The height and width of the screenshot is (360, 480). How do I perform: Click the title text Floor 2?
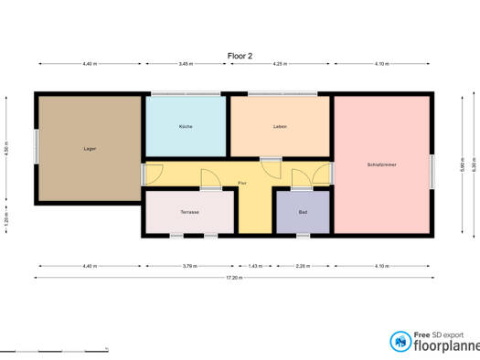click(240, 55)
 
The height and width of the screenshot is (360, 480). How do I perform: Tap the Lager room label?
click(90, 148)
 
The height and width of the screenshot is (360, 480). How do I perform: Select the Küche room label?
click(186, 126)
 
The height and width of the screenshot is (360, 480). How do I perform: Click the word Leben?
click(280, 126)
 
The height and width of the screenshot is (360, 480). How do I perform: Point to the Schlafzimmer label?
click(381, 164)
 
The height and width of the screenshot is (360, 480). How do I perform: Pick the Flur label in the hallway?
click(241, 184)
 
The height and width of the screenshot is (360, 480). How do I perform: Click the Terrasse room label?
click(189, 211)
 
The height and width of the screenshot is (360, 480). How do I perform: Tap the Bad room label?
click(303, 211)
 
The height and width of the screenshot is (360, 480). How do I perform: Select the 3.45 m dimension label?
click(186, 64)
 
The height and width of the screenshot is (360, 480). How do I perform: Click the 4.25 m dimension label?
click(280, 64)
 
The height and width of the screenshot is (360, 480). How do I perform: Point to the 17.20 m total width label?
click(236, 277)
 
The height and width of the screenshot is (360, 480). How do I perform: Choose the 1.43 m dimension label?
click(256, 266)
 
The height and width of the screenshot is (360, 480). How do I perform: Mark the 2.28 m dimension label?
click(303, 266)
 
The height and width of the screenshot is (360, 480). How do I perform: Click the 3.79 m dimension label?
click(189, 266)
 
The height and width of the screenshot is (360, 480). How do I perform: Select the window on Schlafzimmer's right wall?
click(431, 164)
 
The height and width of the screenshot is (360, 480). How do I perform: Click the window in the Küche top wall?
click(186, 93)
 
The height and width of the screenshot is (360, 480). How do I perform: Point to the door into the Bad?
click(300, 179)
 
